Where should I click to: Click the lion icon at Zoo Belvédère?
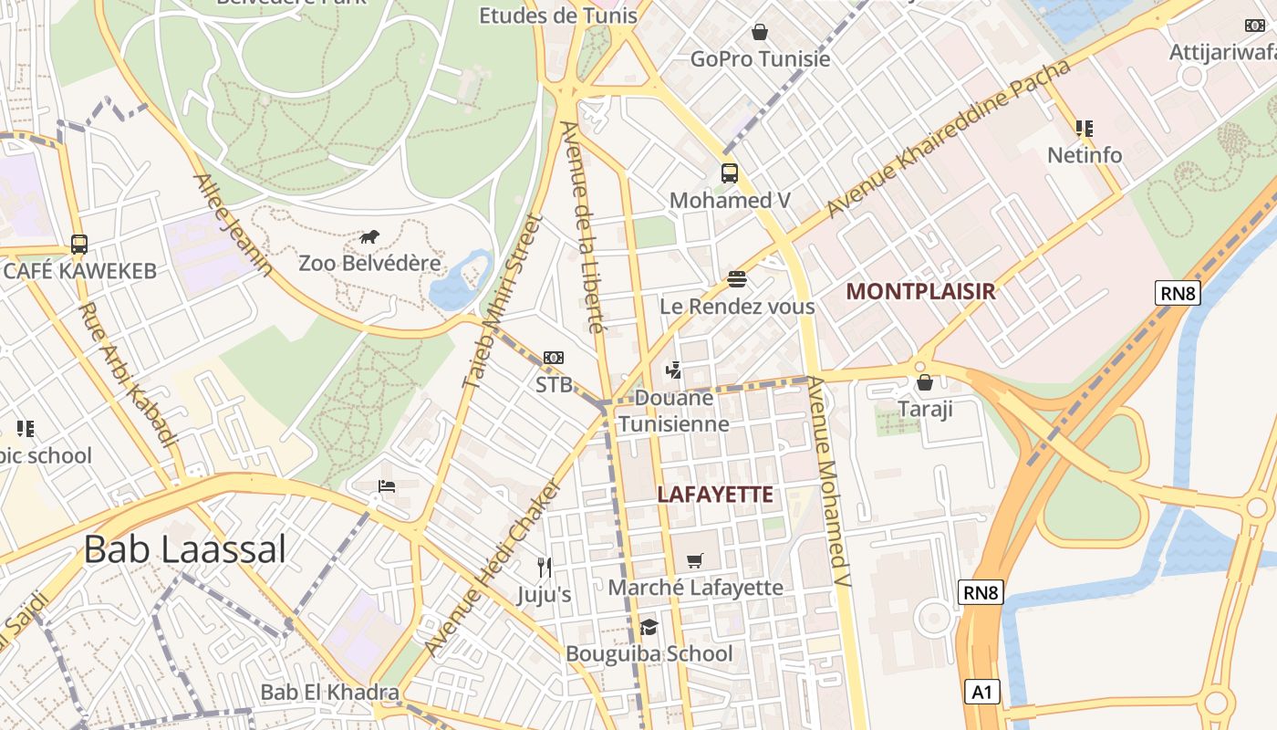tap(369, 237)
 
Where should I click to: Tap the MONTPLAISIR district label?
tap(919, 291)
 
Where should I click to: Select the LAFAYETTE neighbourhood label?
tap(715, 495)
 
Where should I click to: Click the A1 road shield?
tap(981, 692)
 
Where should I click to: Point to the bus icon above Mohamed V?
tap(729, 172)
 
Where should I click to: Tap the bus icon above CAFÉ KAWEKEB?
tap(79, 245)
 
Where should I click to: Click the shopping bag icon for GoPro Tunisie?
tap(759, 33)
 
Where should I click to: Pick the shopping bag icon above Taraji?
tap(924, 382)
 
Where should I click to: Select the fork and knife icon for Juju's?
tap(545, 567)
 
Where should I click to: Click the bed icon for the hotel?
tap(387, 485)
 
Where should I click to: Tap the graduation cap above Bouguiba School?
tap(649, 627)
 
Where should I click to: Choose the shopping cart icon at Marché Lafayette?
tap(695, 560)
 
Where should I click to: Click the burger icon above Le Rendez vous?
tap(736, 278)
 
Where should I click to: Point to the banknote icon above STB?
tap(553, 358)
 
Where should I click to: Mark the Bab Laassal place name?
tap(185, 549)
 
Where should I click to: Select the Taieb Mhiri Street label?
tap(503, 302)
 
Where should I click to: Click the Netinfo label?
tap(1084, 155)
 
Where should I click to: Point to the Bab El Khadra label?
tap(329, 692)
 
